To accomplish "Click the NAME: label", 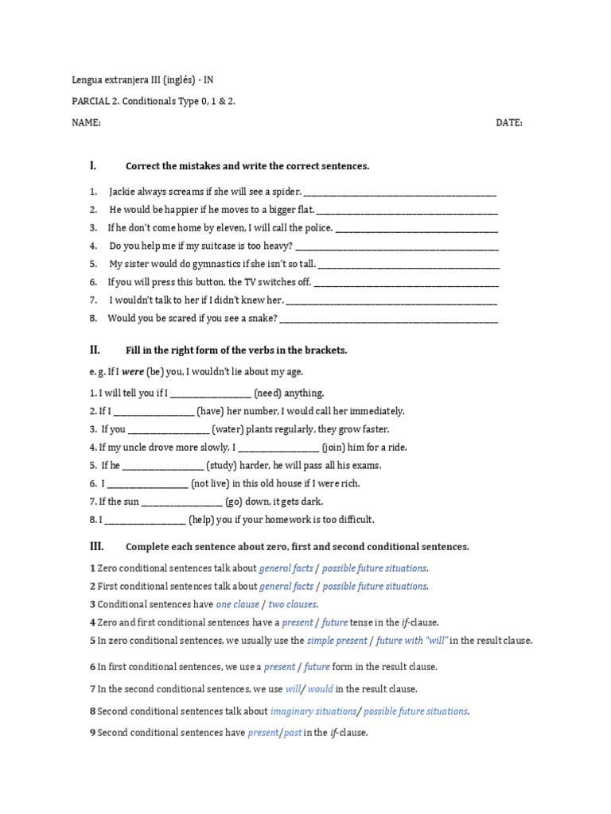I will coord(86,123).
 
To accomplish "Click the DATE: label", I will coord(509,123).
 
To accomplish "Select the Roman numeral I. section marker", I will coord(93,166).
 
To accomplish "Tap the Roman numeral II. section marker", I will coord(95,350).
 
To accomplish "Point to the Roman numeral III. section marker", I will coord(96,546).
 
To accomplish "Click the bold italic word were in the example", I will coord(133,372).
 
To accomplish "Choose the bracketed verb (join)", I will coord(337,448).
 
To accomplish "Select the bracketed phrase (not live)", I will coord(215,483).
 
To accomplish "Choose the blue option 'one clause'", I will coord(238,604).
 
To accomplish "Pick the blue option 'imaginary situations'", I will coord(313,711).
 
